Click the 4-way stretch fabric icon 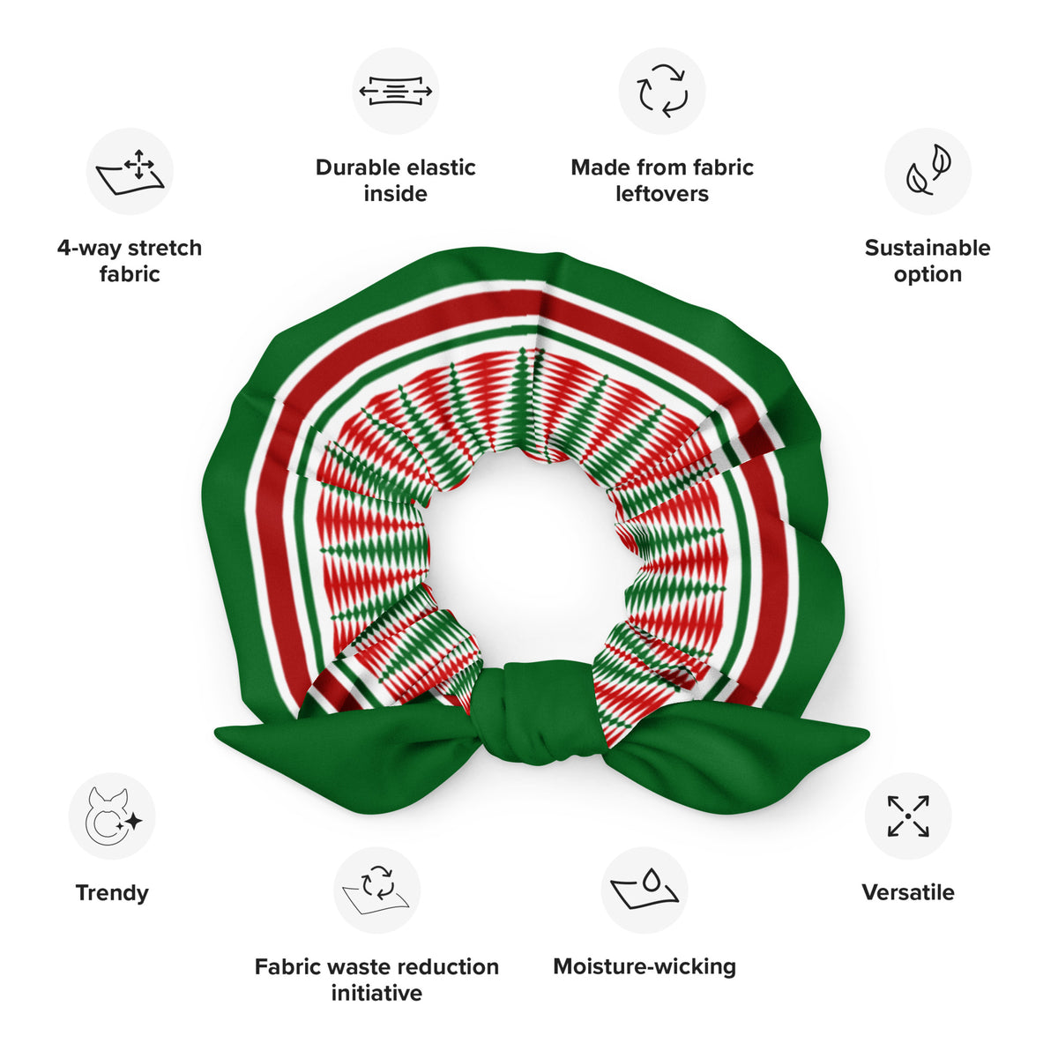tap(130, 171)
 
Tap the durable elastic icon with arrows tap(395, 91)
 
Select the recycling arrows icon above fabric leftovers tap(661, 91)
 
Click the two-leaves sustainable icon tap(928, 170)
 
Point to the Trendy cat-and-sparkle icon tap(113, 816)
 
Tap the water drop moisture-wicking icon tap(644, 889)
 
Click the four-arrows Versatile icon tap(908, 816)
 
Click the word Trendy tap(112, 894)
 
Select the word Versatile tap(908, 892)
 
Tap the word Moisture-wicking tap(644, 967)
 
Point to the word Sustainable tap(928, 248)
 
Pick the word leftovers tap(662, 194)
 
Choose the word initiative tap(376, 994)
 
